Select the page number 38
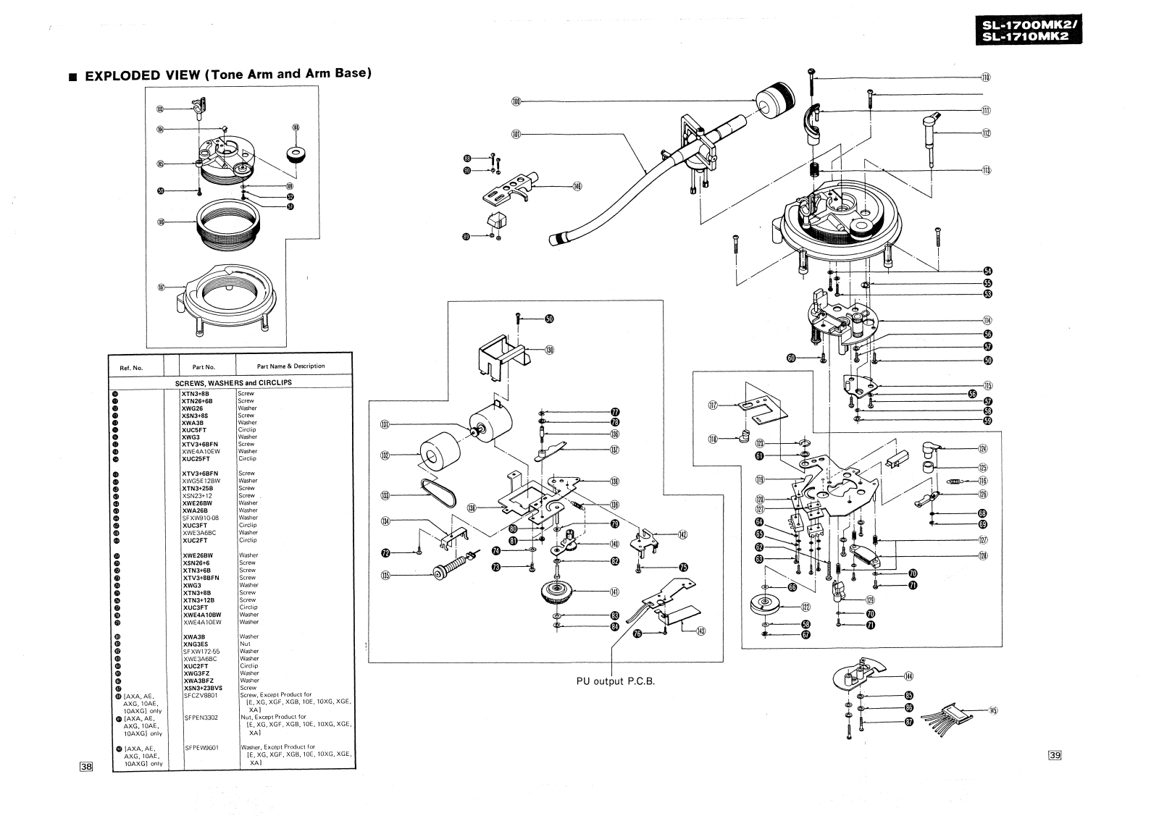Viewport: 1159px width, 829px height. (x=86, y=767)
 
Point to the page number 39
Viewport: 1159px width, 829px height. (x=1055, y=756)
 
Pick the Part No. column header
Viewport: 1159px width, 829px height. (x=204, y=367)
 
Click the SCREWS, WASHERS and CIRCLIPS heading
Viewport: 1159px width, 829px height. (x=233, y=382)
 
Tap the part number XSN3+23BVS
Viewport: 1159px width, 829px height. (x=203, y=688)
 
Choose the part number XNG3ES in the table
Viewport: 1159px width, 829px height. (x=196, y=644)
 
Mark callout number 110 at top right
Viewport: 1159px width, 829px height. (x=985, y=77)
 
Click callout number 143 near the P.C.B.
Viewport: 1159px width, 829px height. (x=700, y=630)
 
